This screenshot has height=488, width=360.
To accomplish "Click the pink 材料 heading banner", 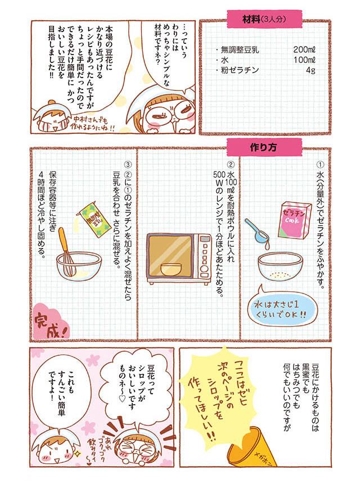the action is pyautogui.click(x=264, y=19).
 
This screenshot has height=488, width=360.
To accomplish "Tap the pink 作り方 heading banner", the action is pyautogui.click(x=264, y=147).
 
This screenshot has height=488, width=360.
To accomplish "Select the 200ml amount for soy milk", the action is pyautogui.click(x=304, y=49).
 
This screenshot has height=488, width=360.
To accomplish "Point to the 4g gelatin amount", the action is pyautogui.click(x=310, y=70).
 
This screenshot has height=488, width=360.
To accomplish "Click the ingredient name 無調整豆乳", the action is pyautogui.click(x=240, y=49).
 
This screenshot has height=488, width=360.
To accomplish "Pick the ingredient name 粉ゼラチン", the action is pyautogui.click(x=240, y=70).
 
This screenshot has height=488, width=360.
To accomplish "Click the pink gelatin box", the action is pyautogui.click(x=295, y=220).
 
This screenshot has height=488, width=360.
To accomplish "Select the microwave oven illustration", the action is pyautogui.click(x=179, y=259).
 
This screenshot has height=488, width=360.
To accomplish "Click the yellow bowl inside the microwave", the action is pyautogui.click(x=171, y=269).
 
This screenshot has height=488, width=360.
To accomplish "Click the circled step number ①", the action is pyautogui.click(x=320, y=164).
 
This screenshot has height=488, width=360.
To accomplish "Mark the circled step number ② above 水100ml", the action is pyautogui.click(x=231, y=164).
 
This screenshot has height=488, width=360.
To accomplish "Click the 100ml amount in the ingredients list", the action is pyautogui.click(x=304, y=60).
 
